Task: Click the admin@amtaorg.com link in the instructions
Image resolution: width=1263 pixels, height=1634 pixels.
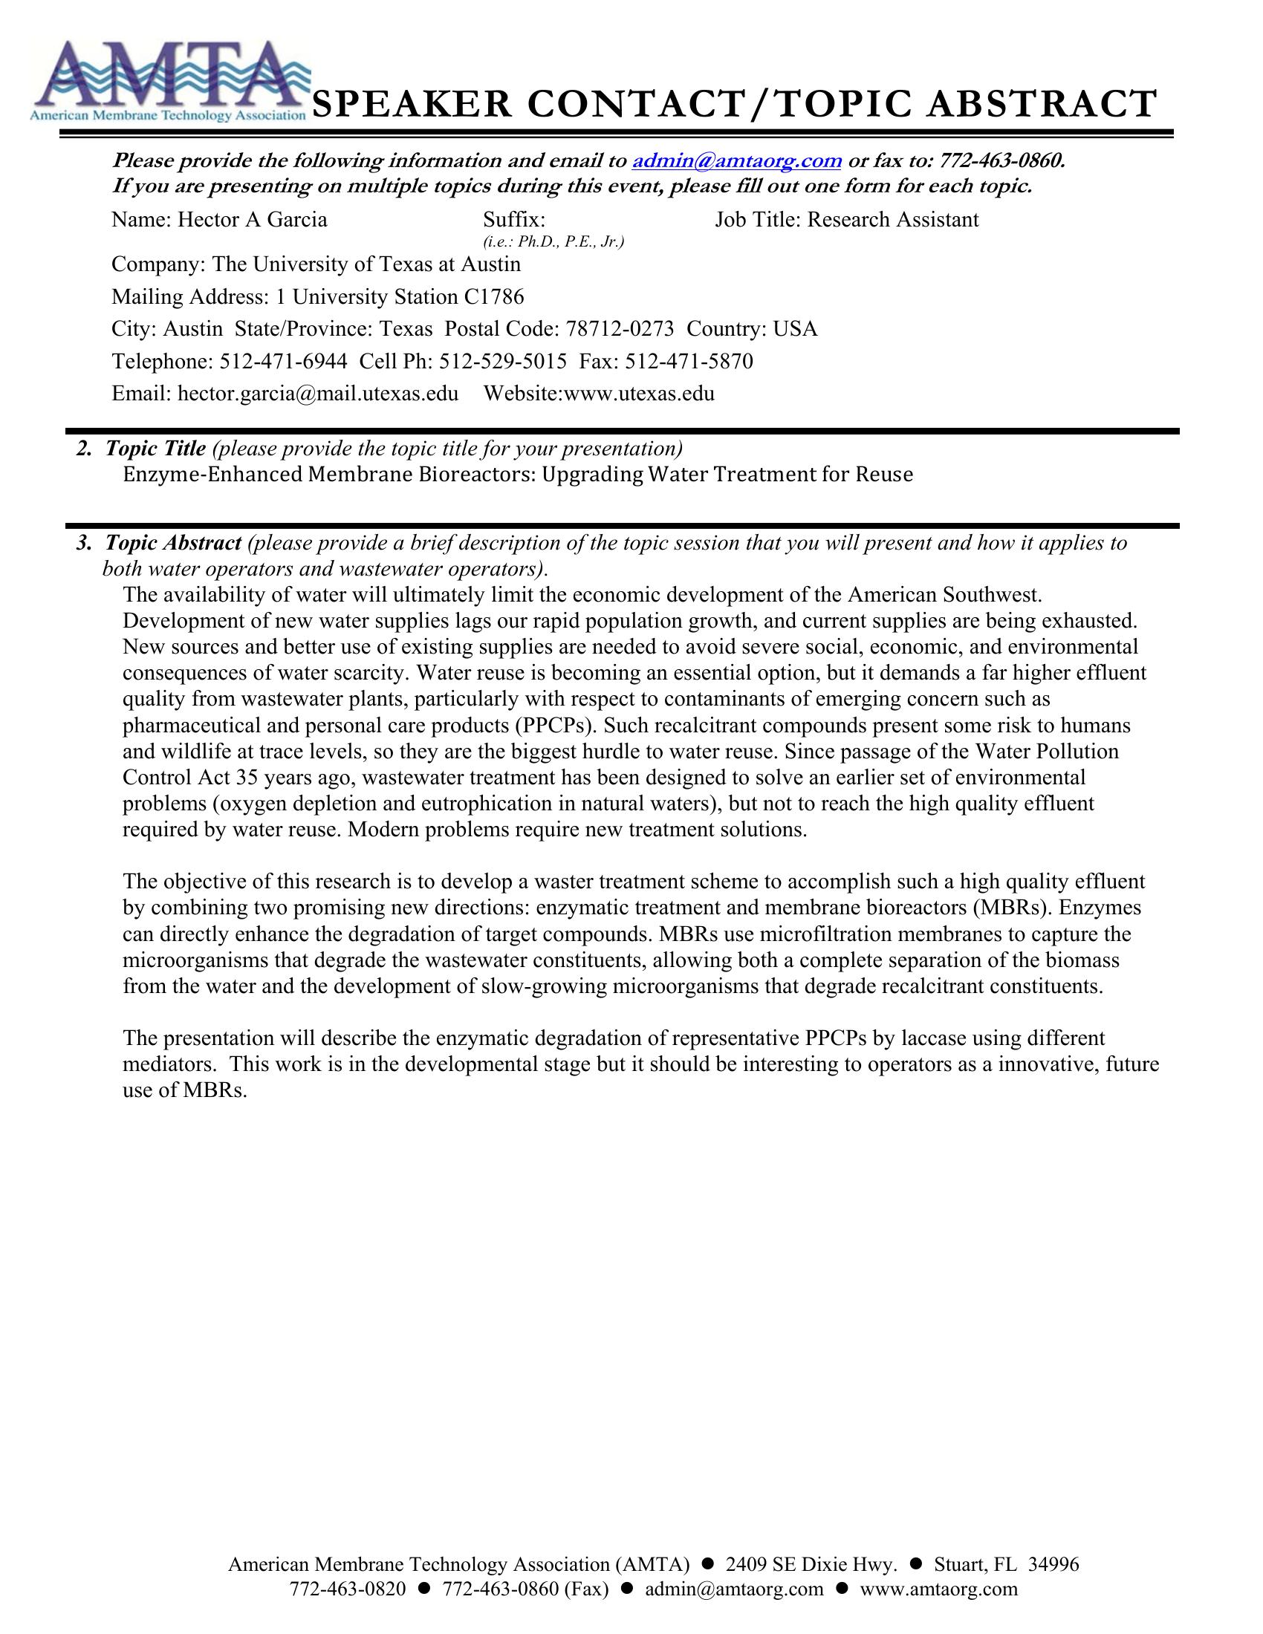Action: [x=737, y=161]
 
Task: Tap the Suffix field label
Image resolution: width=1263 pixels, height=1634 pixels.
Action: [x=513, y=220]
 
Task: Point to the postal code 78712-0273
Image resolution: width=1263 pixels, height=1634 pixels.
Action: [x=620, y=329]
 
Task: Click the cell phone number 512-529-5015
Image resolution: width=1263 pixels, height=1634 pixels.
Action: [x=503, y=362]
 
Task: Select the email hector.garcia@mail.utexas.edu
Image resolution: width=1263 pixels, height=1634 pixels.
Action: [x=317, y=394]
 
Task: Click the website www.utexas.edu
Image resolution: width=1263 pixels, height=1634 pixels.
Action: [x=639, y=394]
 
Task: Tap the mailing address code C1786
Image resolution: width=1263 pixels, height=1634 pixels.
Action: [x=494, y=298]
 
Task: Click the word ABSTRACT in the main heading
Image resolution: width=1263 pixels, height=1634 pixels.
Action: [x=1041, y=104]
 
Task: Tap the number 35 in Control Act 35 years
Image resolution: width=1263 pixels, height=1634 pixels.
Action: [x=247, y=778]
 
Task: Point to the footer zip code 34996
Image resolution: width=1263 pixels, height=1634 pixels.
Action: [x=1053, y=1564]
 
